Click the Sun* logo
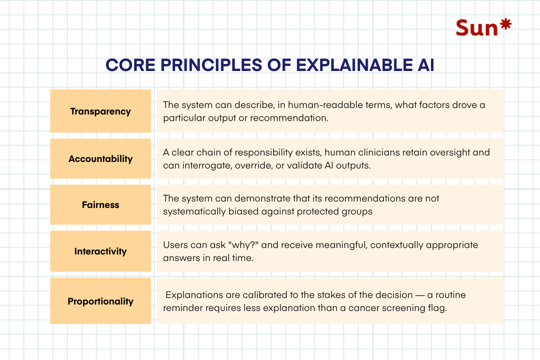(x=483, y=27)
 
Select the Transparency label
(x=100, y=111)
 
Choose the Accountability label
(x=100, y=159)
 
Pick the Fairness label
(x=100, y=205)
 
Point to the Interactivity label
(x=100, y=251)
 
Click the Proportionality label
(x=100, y=301)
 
